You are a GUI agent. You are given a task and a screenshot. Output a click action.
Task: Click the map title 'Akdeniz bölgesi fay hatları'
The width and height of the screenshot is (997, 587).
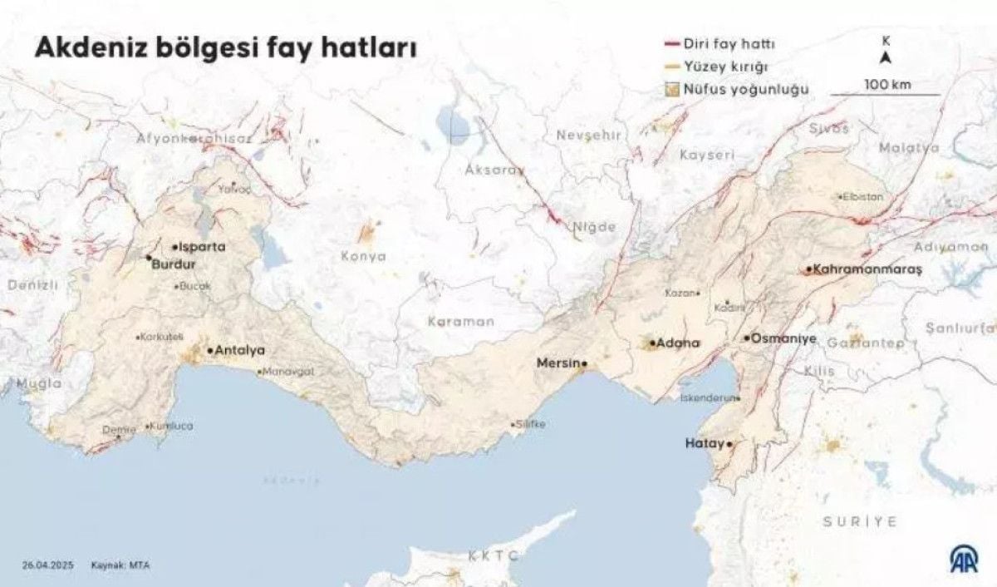(224, 48)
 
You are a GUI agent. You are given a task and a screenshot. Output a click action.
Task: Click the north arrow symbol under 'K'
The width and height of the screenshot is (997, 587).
(886, 57)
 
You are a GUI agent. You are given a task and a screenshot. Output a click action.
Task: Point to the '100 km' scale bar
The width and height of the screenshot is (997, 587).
(886, 93)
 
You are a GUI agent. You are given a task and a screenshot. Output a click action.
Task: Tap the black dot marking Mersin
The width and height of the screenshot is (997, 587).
(584, 363)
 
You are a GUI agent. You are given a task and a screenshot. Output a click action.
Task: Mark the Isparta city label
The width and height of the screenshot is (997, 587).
(203, 247)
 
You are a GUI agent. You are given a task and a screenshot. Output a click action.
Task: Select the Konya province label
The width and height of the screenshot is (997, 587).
(363, 256)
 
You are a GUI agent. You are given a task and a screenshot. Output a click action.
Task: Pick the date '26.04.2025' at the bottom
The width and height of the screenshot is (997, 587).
(49, 565)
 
